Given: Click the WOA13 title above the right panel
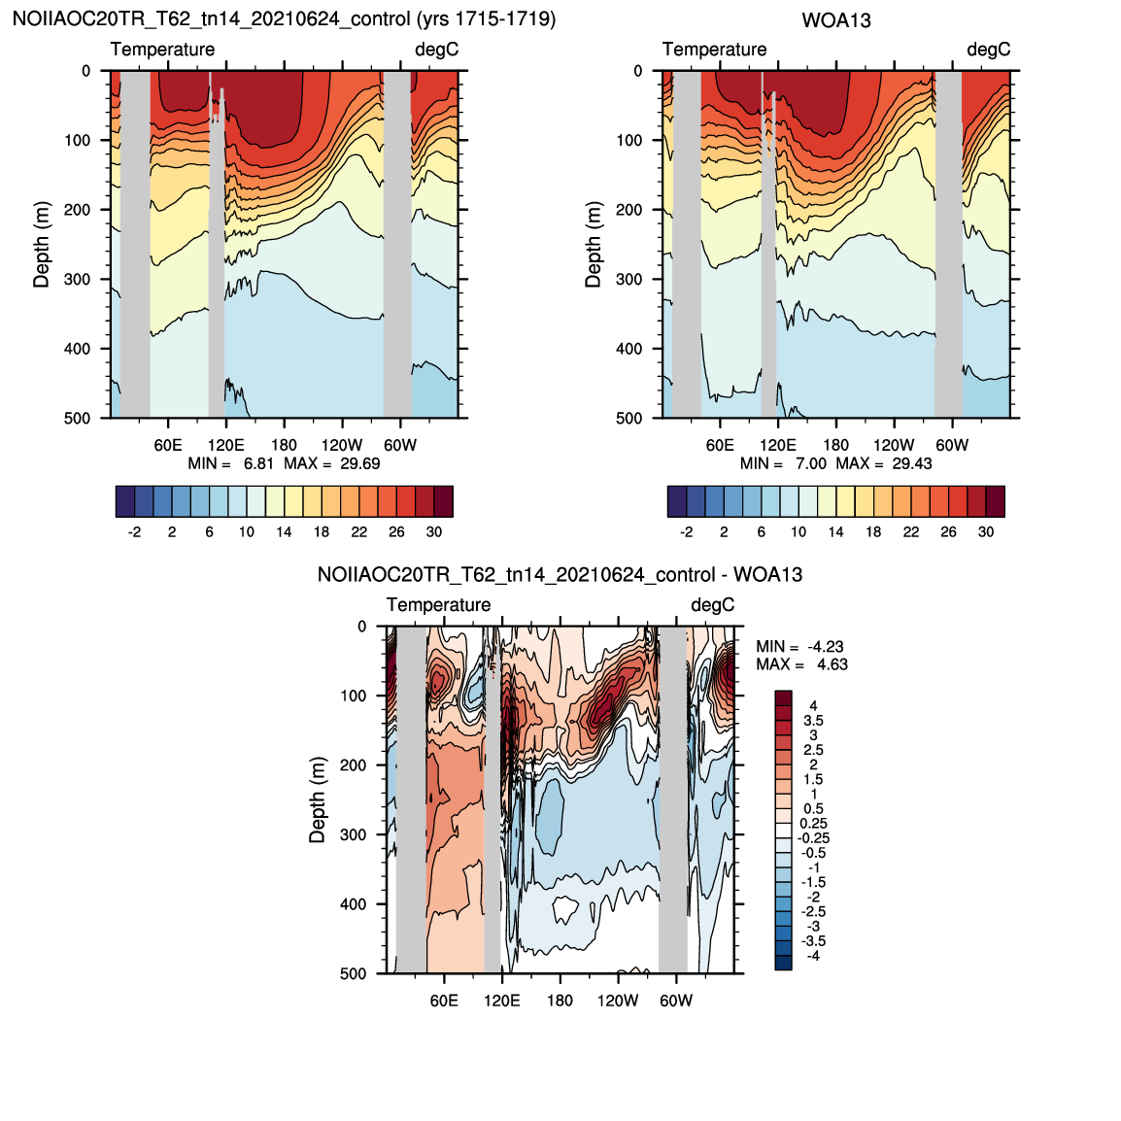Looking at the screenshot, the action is point(835,20).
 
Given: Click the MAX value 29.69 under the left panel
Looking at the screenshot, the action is point(359,463).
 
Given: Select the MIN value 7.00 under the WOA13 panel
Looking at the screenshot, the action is point(811,463).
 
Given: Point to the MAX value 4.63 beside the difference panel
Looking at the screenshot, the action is point(832,664).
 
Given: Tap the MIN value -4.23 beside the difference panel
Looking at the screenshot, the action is point(826,646).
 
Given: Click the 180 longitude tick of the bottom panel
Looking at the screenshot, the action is point(560,1001).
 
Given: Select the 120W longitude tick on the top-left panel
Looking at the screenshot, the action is point(342,445).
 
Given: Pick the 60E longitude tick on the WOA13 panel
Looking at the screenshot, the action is point(720,445).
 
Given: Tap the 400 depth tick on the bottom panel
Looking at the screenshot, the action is point(354,903).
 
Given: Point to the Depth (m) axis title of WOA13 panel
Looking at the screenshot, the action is point(594,245).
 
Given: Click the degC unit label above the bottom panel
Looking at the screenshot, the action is point(712,605).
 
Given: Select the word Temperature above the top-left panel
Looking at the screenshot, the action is point(162,50).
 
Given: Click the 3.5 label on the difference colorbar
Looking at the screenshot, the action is point(814,721).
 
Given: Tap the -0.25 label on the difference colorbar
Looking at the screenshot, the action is point(814,838).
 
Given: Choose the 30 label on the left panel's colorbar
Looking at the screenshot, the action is point(434,532).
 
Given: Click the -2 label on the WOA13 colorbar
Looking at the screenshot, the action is point(687,532).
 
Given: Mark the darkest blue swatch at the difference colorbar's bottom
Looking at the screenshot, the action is point(784,963).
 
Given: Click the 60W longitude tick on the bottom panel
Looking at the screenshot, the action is point(675,1001).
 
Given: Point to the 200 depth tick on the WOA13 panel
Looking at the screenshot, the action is point(629,210).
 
